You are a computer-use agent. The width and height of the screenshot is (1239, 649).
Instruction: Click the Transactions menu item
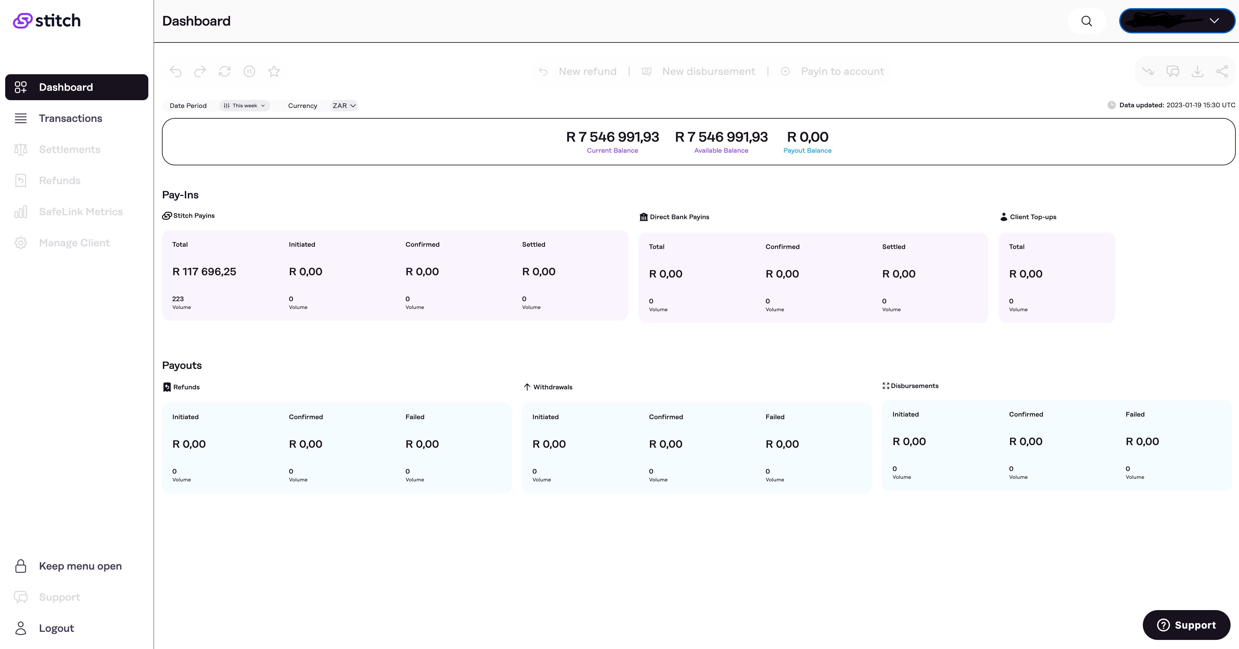click(70, 118)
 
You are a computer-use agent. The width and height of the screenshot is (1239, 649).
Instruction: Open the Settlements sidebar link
click(69, 150)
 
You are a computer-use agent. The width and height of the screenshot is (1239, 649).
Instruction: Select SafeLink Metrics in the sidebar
click(80, 212)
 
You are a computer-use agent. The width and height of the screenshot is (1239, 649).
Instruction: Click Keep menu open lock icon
click(21, 566)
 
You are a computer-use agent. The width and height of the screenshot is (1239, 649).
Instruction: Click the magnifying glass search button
click(1086, 21)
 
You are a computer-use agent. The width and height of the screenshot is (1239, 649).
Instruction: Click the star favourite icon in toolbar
click(274, 72)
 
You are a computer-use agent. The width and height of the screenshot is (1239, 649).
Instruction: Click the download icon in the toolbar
click(1197, 72)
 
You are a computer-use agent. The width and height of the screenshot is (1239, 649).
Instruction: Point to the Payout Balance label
click(807, 151)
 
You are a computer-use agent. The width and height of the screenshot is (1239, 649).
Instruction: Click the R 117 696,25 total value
click(204, 272)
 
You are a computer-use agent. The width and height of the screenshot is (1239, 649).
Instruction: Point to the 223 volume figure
click(178, 299)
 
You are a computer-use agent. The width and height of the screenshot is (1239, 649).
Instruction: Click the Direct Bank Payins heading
click(679, 217)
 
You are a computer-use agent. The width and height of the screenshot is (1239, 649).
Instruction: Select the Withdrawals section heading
click(552, 387)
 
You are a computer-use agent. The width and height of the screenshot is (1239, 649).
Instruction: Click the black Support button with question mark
click(1186, 625)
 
